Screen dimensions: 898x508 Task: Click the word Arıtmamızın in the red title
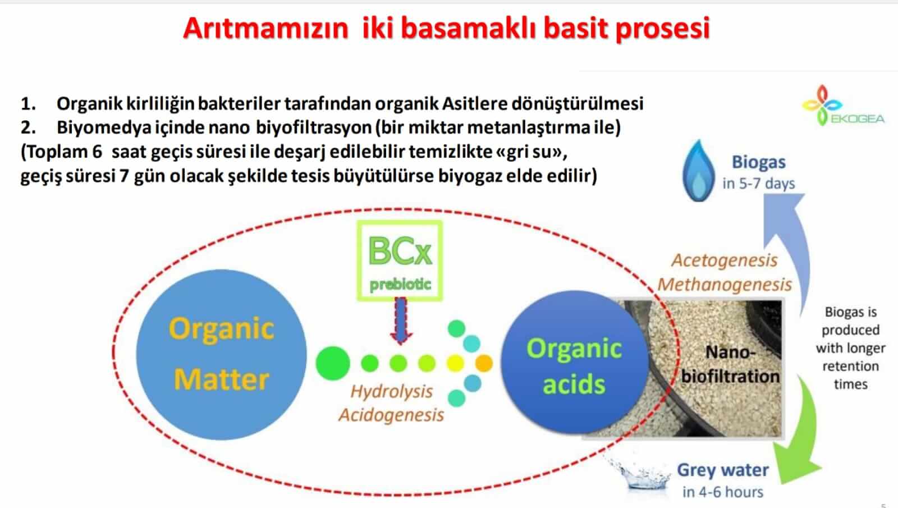click(265, 28)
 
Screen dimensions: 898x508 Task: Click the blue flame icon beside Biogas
click(698, 171)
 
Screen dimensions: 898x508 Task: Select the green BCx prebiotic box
click(400, 260)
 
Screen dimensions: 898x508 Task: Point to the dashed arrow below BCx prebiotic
click(401, 321)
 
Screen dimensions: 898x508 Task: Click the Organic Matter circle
click(221, 354)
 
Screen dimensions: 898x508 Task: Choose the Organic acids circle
click(574, 362)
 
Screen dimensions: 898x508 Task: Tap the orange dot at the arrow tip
click(483, 363)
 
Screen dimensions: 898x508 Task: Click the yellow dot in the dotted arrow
click(455, 363)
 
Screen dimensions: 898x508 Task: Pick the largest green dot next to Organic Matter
click(332, 363)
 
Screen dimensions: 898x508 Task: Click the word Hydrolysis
click(392, 392)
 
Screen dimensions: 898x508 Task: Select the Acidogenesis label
click(391, 415)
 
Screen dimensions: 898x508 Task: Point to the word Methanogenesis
click(725, 285)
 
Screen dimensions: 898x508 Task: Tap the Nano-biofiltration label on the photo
click(730, 364)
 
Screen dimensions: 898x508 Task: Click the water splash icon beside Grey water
click(642, 473)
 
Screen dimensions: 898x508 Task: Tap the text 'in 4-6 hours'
click(723, 492)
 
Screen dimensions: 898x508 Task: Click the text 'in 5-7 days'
click(758, 184)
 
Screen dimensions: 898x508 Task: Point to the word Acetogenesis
click(725, 260)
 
